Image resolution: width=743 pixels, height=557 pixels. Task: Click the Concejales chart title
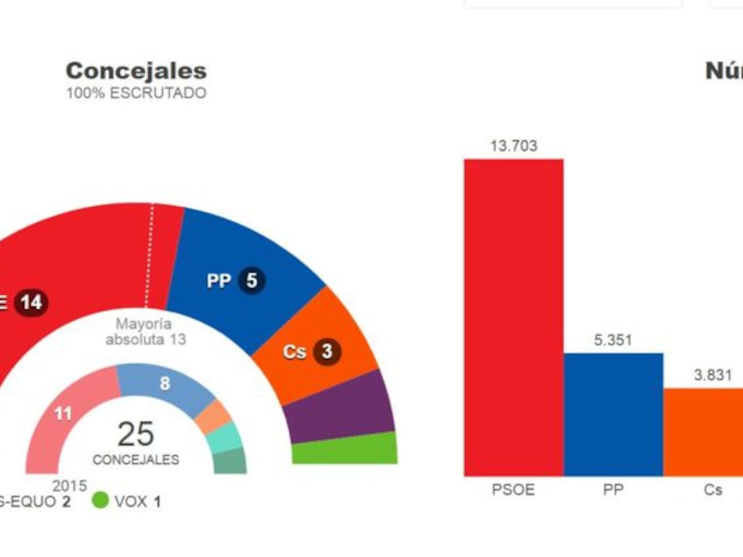click(136, 71)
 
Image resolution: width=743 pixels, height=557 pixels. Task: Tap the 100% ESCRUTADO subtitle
click(136, 93)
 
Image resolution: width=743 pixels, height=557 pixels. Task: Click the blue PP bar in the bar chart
click(613, 414)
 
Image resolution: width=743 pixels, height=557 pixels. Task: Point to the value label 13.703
click(514, 147)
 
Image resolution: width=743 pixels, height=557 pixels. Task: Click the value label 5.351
click(613, 340)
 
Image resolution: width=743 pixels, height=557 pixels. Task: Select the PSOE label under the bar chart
click(514, 490)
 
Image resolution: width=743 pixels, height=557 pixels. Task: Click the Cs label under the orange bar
click(713, 490)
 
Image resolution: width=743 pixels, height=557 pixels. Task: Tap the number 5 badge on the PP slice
click(251, 281)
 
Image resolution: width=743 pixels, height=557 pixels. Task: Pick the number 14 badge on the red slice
click(31, 303)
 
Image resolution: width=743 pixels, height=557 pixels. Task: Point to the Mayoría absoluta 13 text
click(146, 332)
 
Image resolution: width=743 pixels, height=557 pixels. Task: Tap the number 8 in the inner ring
click(165, 384)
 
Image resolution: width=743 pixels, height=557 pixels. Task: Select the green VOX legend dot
click(99, 501)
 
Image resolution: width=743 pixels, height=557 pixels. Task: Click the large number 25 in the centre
click(136, 434)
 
